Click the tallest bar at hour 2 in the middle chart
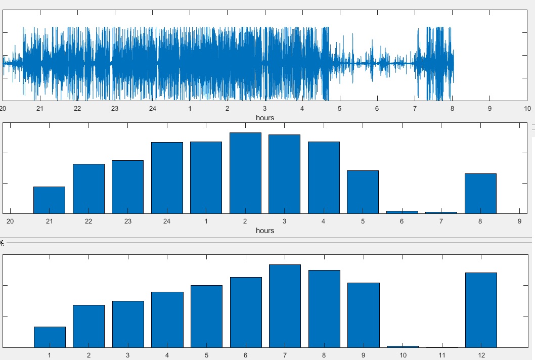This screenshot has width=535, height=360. tap(245, 173)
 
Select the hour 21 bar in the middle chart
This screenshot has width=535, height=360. tap(49, 200)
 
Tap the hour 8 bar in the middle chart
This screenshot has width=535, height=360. tap(480, 194)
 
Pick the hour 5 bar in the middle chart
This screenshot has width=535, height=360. tap(363, 192)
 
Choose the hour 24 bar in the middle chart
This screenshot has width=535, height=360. tap(167, 178)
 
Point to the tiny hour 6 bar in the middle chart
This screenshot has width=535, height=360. tap(402, 212)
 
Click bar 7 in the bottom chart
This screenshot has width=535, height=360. tap(285, 306)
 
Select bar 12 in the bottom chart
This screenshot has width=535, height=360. tap(481, 310)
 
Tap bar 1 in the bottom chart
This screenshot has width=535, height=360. tap(50, 337)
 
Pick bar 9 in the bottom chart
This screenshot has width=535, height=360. tap(363, 315)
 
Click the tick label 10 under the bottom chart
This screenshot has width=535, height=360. tap(403, 355)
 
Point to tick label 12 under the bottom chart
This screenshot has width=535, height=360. tap(481, 355)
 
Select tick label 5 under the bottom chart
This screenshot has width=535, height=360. tap(206, 355)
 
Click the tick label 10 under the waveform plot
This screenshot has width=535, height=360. tap(527, 108)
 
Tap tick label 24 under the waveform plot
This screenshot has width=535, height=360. tap(152, 108)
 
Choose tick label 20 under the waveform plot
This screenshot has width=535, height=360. tap(3, 108)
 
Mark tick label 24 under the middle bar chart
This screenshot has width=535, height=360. tap(167, 221)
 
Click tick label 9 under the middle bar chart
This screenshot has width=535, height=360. tap(519, 221)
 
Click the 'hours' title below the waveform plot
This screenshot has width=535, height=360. tap(265, 117)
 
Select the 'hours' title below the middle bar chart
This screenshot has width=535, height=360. tap(265, 231)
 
